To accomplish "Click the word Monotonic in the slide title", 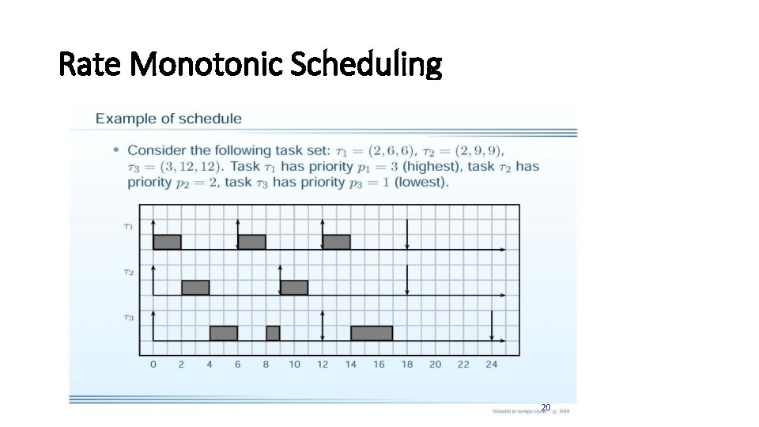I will tap(207, 65).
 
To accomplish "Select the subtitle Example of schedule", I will tap(168, 119).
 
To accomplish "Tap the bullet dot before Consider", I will tap(116, 149).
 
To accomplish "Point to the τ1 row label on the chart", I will tap(128, 226).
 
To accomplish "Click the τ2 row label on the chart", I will tap(128, 272).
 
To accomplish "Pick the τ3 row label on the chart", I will tap(128, 317).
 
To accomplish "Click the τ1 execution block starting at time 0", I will tap(167, 242).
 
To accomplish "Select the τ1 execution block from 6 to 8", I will tap(251, 242).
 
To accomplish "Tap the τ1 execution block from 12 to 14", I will tap(336, 242).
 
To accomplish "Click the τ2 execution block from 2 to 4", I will tap(195, 287).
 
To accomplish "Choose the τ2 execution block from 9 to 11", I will tap(294, 287).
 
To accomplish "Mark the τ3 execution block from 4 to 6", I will tap(224, 333).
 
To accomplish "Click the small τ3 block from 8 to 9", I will tap(273, 333).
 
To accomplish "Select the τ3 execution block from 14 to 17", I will tap(372, 333).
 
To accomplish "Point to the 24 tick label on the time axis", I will tap(491, 365).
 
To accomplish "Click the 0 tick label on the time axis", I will tap(153, 365).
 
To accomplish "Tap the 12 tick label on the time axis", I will tap(323, 365).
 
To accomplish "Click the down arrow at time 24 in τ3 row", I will tap(492, 326).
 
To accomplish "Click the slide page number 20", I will tap(545, 407).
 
